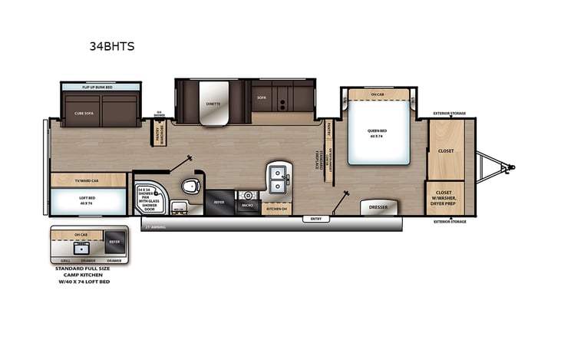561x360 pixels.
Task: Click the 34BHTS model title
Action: (x=113, y=46)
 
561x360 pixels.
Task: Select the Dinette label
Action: (x=213, y=102)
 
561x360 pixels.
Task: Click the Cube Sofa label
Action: (x=84, y=113)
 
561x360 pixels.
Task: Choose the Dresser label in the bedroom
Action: (x=378, y=207)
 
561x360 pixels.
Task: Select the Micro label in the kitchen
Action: (x=248, y=206)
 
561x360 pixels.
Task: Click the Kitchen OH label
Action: (x=276, y=208)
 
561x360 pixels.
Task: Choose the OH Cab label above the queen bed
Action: (x=378, y=94)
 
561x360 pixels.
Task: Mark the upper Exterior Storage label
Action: (x=449, y=113)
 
